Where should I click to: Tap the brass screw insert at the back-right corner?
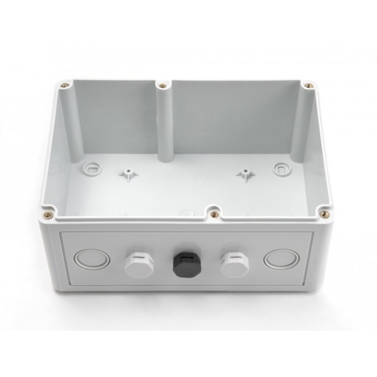(x=309, y=86)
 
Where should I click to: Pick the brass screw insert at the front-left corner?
(x=46, y=215)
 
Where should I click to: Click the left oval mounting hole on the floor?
(x=91, y=168)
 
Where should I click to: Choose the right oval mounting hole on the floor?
(x=279, y=168)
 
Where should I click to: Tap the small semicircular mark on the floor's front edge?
(x=188, y=211)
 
